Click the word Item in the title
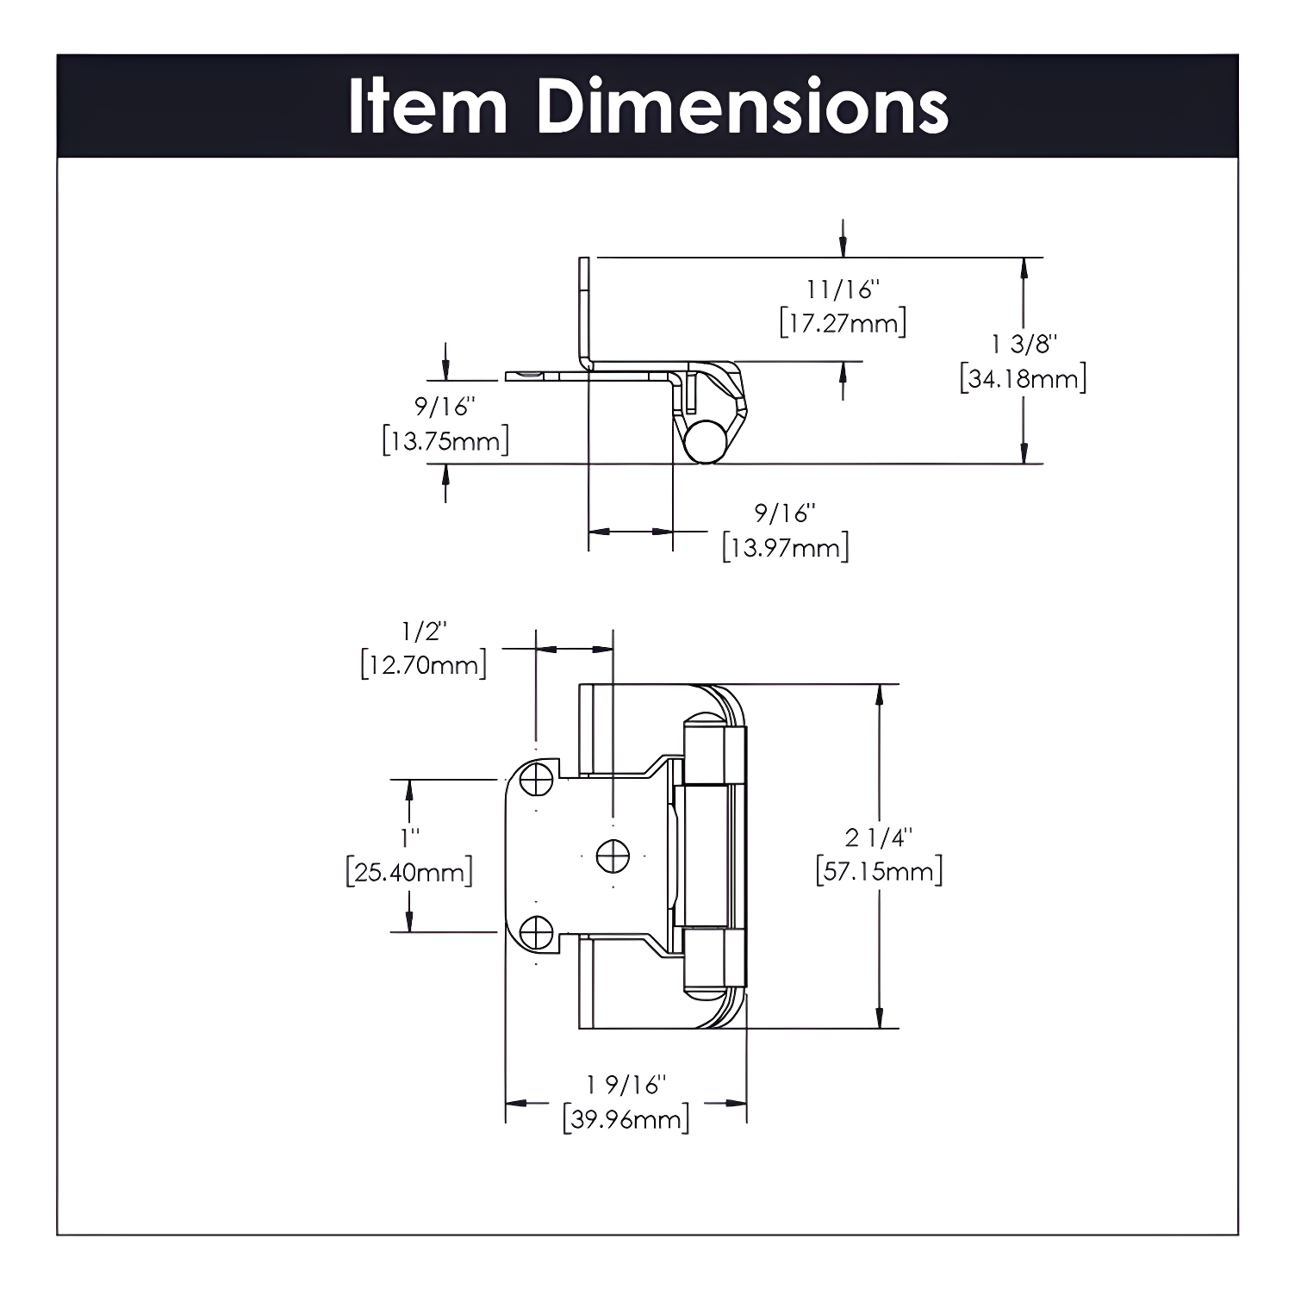[x=427, y=106]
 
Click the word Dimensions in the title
[x=742, y=106]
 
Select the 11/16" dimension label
[x=843, y=289]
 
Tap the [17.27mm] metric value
[x=843, y=324]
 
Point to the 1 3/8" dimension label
[x=1024, y=344]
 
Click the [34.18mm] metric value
[x=1024, y=378]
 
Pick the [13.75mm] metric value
[x=445, y=441]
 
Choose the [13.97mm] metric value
[x=786, y=547]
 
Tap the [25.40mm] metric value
[x=410, y=872]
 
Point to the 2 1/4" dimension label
[x=879, y=837]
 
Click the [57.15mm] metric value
[x=879, y=871]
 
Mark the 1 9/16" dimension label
[x=626, y=1085]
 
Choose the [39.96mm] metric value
[x=626, y=1119]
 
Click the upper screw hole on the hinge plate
[x=538, y=781]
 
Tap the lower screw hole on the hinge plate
[x=538, y=932]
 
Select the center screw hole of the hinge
[x=613, y=856]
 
